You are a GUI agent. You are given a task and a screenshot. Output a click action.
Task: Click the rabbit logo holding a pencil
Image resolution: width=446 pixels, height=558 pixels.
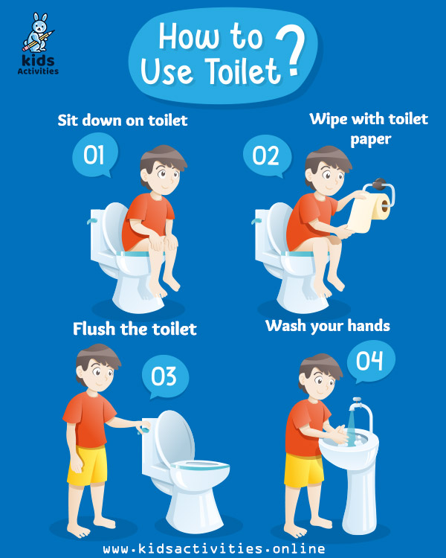pos(38,33)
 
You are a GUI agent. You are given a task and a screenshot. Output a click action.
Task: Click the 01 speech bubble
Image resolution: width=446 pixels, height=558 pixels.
pos(94,155)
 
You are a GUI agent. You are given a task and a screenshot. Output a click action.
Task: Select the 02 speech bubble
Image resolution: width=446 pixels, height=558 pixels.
pos(266,156)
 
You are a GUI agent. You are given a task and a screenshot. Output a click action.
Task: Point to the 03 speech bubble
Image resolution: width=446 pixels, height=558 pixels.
pos(165,377)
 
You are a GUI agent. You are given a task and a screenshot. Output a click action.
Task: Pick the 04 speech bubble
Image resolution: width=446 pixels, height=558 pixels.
pos(371,361)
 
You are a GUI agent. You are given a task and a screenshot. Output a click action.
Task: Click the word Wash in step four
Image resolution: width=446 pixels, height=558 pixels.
pos(286,326)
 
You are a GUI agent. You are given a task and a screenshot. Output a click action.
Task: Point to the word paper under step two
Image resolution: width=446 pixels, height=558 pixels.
pos(371,140)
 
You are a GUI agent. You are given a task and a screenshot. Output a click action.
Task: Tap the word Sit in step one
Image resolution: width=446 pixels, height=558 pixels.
pos(67,121)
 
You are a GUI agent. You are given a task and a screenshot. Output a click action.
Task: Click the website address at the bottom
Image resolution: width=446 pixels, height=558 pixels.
pos(214,548)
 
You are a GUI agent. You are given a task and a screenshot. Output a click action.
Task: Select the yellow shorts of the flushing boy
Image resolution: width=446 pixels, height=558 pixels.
pos(88,465)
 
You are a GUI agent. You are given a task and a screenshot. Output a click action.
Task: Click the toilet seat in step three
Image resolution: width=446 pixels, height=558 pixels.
pos(200,465)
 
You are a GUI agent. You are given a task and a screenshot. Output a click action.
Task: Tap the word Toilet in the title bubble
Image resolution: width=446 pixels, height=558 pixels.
pos(244,71)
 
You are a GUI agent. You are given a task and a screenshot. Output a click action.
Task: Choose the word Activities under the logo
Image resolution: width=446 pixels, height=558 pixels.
pos(38,71)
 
